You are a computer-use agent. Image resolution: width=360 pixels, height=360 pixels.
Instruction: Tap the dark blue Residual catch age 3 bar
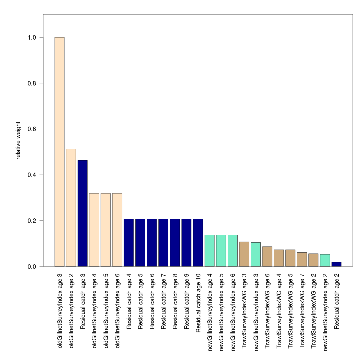coord(82,213)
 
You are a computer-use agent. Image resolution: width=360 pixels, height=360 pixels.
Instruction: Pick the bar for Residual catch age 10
coord(198,243)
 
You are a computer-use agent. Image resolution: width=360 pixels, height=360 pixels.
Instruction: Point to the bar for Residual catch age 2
coord(336,264)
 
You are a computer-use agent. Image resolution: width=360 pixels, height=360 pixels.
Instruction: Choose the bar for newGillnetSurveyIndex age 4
coord(209,251)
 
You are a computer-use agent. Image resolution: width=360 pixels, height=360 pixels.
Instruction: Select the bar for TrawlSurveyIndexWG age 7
coord(302,259)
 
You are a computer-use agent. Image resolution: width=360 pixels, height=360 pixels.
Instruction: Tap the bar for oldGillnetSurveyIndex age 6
coord(117,230)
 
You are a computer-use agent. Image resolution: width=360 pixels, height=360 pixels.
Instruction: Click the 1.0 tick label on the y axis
coord(32,37)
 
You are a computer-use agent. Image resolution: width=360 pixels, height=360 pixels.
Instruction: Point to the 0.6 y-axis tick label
coord(32,129)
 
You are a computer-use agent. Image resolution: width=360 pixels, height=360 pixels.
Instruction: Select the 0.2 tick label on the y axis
coord(32,221)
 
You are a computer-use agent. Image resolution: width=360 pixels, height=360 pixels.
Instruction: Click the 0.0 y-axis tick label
coord(32,266)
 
